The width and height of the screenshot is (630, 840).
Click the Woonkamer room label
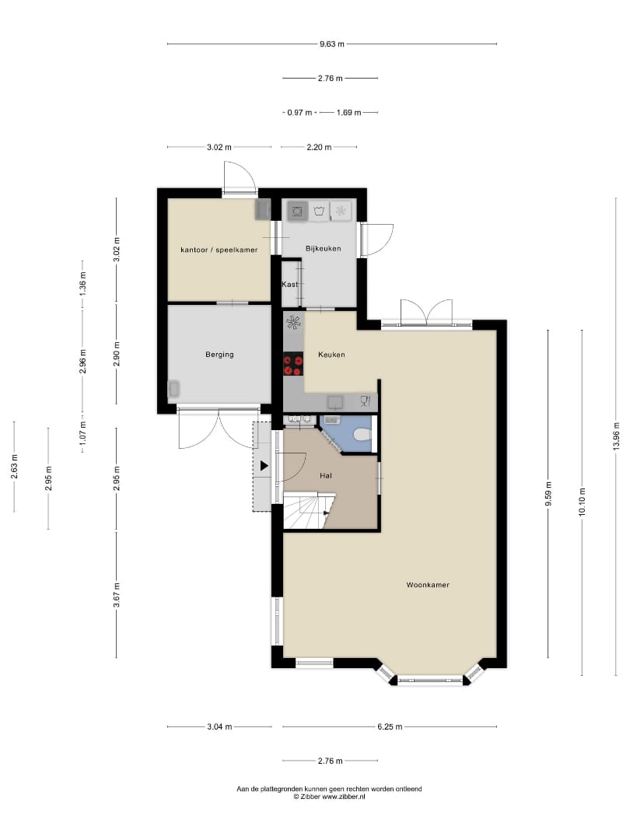tap(428, 585)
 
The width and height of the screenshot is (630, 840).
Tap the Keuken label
tap(331, 355)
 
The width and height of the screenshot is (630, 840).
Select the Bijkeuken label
tap(323, 249)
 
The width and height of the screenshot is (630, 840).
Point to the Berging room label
tap(219, 355)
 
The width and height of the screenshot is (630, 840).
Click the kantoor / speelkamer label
tap(219, 250)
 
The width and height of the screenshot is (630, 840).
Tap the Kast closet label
tap(290, 285)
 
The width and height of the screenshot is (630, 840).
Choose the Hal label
tap(326, 476)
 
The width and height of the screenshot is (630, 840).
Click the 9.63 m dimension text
tap(331, 44)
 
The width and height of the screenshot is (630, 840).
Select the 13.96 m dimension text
tap(616, 436)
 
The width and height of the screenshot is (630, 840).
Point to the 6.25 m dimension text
tap(390, 727)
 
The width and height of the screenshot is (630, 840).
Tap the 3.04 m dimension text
tap(219, 727)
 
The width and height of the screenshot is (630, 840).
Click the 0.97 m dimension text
tap(299, 113)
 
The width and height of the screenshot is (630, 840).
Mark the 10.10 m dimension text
tap(582, 502)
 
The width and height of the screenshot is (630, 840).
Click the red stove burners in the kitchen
tap(293, 365)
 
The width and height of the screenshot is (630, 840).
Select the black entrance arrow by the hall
tap(264, 466)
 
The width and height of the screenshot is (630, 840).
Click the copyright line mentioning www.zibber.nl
tap(330, 796)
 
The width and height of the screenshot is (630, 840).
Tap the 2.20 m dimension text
tap(319, 147)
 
